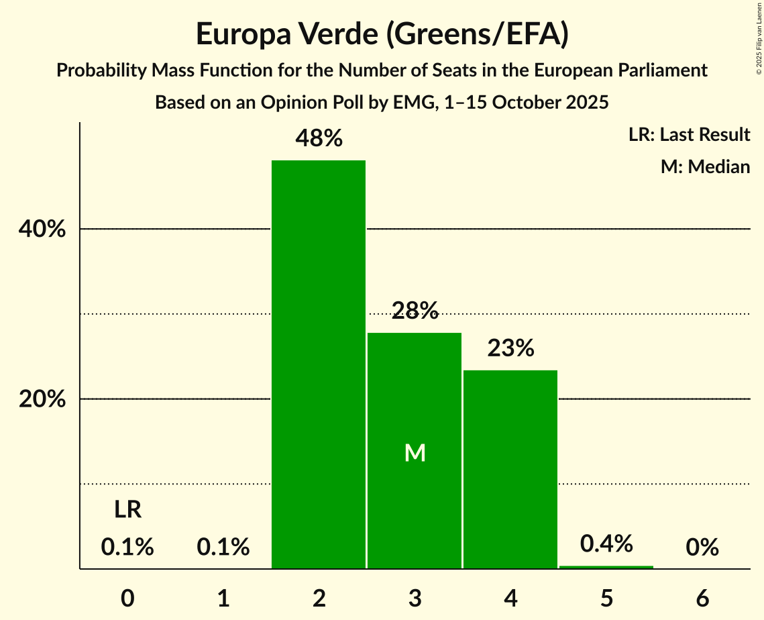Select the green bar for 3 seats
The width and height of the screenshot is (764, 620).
coord(415,403)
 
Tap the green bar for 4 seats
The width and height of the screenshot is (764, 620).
coord(510,469)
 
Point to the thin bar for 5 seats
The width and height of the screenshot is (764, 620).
coord(606,567)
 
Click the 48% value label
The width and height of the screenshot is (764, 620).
coord(319,139)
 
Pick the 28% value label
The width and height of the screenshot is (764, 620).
coord(415,310)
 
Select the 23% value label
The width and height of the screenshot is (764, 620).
coord(510,348)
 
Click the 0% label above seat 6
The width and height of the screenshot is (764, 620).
coord(702,548)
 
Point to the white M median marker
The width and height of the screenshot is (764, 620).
coord(415,454)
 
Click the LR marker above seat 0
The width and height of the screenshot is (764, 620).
coord(127,510)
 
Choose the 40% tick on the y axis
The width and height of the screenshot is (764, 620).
coord(42,229)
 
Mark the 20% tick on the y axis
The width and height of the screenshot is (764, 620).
coord(42,399)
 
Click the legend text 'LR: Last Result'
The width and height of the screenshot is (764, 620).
coord(690,135)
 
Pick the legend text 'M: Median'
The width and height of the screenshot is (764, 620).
coord(705,166)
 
